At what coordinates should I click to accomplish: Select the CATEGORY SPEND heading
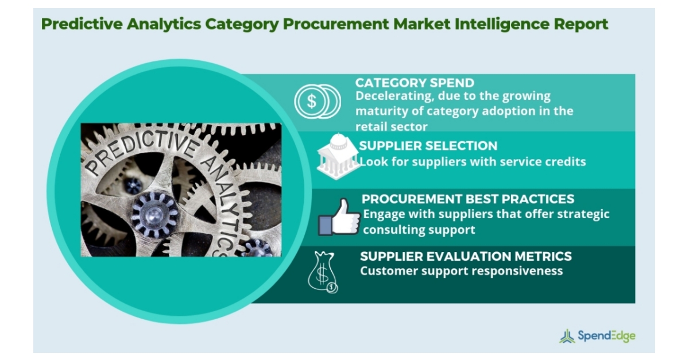415,83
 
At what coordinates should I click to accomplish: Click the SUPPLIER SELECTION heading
428,146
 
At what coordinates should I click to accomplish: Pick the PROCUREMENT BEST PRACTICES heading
468,199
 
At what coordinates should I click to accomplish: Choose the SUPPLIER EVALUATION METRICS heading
466,256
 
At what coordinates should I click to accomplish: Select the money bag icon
322,272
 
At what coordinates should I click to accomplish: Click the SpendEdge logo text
607,336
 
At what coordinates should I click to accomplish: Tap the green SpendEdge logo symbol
567,336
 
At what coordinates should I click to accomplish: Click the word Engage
382,214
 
